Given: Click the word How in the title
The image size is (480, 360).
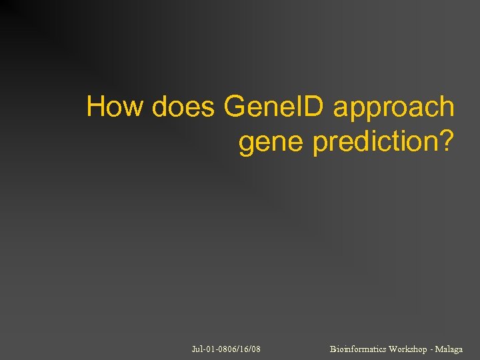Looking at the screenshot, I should [114, 107].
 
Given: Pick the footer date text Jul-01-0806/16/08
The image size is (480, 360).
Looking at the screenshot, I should [225, 349].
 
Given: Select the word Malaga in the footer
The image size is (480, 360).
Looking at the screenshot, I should [449, 349].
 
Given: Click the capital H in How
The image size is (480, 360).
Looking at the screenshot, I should [96, 107].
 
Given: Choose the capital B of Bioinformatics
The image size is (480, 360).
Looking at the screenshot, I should [333, 349].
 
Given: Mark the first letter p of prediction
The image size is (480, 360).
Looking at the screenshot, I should [319, 144].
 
